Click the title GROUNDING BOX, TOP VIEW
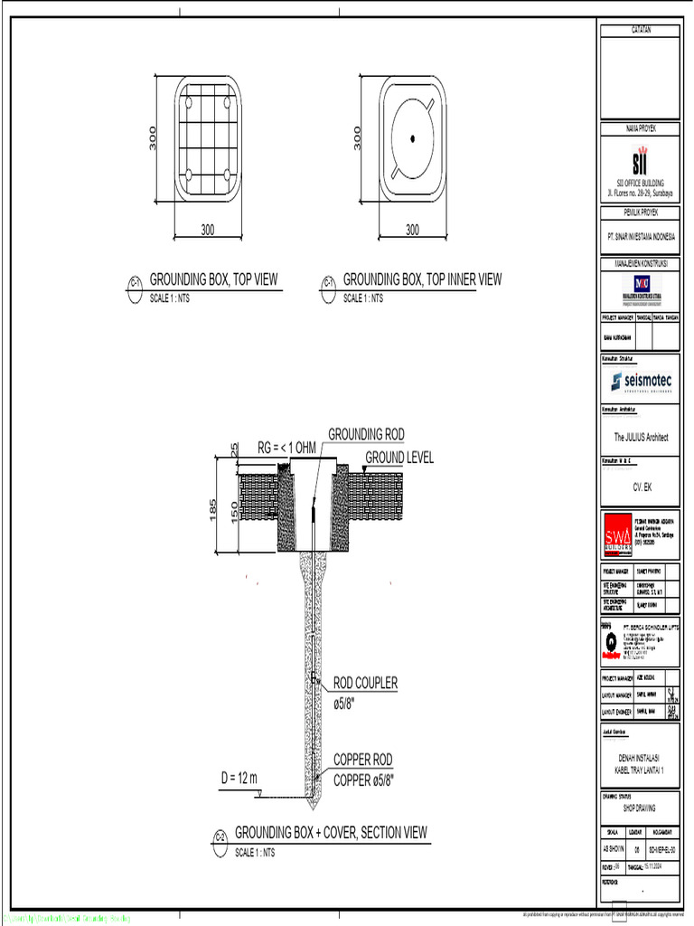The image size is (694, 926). point(213,279)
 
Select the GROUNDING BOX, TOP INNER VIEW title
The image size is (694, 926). point(422,279)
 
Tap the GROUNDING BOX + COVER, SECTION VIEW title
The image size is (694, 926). point(331,832)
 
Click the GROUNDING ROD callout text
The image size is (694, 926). point(366,434)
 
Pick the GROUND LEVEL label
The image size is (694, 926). point(399,458)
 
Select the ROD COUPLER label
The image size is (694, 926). point(365,683)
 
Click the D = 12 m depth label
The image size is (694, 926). point(240,778)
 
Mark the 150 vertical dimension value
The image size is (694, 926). point(235,511)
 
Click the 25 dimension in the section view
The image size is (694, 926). point(235,449)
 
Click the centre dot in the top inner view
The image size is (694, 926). point(412,137)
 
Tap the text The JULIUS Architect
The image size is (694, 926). point(641,437)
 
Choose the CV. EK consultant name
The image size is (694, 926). point(642,487)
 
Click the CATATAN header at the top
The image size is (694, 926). point(641,30)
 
